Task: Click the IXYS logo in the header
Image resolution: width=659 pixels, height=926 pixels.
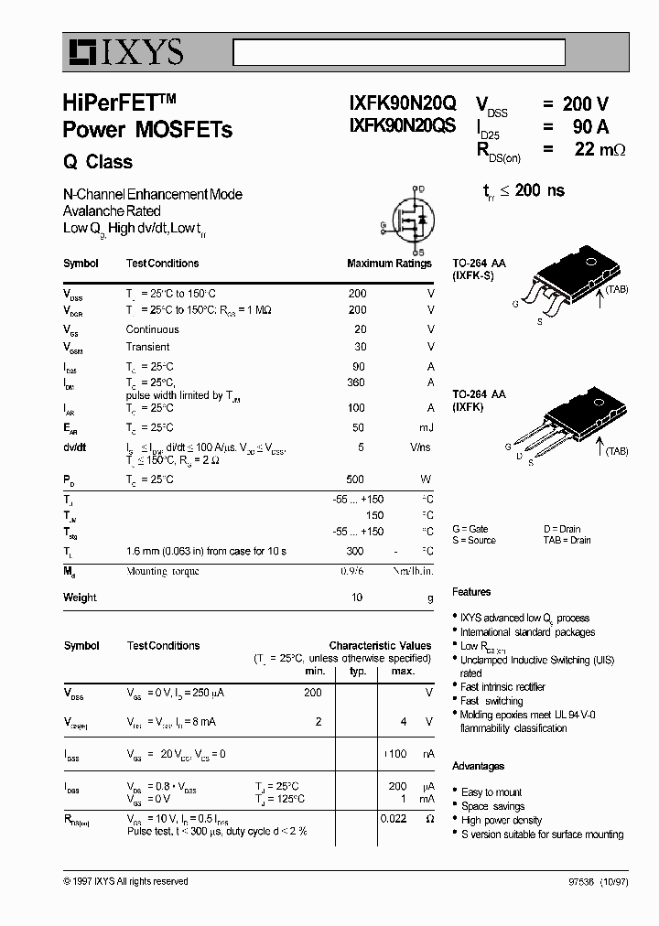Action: click(124, 53)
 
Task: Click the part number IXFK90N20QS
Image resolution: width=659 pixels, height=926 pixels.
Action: click(402, 127)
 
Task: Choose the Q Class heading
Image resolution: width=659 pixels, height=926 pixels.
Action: click(98, 162)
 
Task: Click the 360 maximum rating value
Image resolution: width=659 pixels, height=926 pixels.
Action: click(357, 382)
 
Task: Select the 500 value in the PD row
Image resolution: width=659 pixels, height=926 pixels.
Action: click(355, 479)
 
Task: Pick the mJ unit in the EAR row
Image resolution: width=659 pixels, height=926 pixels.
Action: click(427, 427)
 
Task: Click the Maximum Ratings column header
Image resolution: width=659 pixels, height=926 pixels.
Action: click(389, 264)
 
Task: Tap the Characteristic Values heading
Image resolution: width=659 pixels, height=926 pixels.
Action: click(380, 645)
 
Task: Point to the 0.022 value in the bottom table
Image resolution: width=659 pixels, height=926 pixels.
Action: click(393, 818)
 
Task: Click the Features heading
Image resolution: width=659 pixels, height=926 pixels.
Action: click(471, 592)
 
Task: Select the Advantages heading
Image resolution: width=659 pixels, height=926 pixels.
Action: click(478, 766)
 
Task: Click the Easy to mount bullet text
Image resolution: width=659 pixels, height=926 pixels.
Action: click(492, 792)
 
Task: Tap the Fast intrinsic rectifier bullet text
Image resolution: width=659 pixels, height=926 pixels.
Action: click(502, 687)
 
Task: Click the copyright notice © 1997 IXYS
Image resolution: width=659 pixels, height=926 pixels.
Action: click(125, 881)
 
